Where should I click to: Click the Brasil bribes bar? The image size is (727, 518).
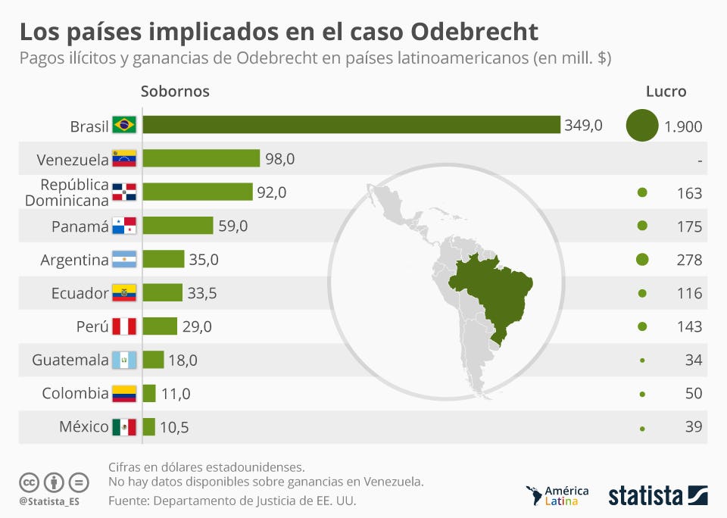(x=351, y=125)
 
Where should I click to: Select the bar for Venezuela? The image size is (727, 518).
(x=201, y=158)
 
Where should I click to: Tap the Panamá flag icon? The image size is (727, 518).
(x=124, y=226)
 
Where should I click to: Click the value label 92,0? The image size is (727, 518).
(x=272, y=192)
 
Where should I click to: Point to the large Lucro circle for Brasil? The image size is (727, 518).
(x=642, y=126)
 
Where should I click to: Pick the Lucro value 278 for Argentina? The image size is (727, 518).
(x=689, y=260)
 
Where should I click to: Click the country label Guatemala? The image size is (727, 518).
(x=70, y=360)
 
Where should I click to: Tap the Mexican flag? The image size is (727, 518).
(x=124, y=426)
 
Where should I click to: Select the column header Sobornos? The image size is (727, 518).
(x=175, y=91)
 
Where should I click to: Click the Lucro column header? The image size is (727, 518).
(x=666, y=91)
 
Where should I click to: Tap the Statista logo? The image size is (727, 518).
(x=658, y=496)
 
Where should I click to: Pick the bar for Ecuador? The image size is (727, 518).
(x=162, y=293)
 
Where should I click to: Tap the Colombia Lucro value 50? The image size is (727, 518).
(x=693, y=393)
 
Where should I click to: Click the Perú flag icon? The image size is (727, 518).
(x=124, y=326)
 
